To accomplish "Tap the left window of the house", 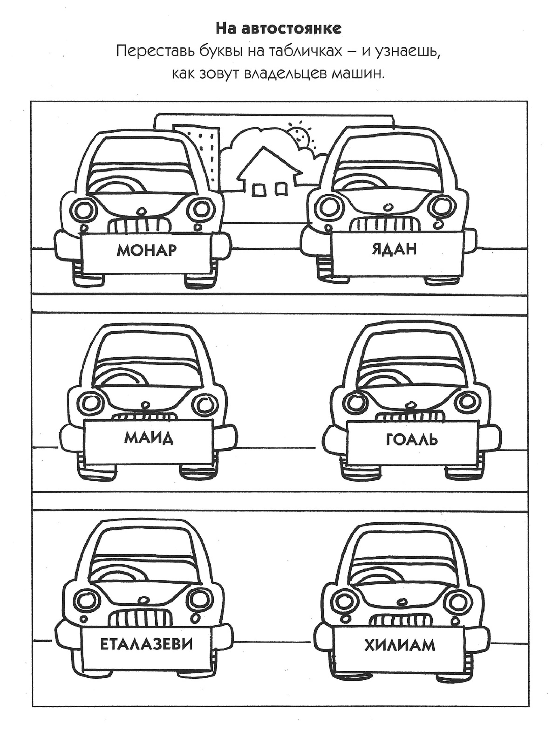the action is [258, 191].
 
